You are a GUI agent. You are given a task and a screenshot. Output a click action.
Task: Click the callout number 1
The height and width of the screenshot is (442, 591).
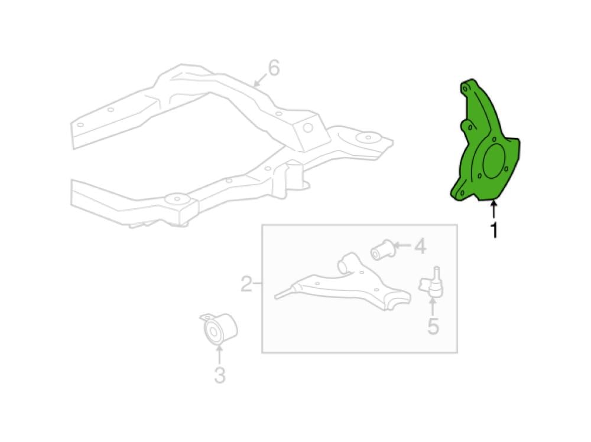(x=493, y=230)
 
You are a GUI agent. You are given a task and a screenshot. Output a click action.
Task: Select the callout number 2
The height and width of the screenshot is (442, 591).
(x=246, y=284)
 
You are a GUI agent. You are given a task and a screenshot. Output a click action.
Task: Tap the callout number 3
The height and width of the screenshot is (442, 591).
(x=220, y=375)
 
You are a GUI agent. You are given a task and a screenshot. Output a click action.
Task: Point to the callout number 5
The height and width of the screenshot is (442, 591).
(x=433, y=326)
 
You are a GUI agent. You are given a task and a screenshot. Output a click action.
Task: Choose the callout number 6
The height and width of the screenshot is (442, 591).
(x=274, y=68)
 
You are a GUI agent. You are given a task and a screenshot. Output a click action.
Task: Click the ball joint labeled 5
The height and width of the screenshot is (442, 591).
(x=431, y=281)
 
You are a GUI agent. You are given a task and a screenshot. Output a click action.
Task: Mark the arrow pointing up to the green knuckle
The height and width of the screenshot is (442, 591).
(x=493, y=211)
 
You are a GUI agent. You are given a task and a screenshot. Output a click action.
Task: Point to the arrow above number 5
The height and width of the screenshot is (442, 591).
(x=433, y=306)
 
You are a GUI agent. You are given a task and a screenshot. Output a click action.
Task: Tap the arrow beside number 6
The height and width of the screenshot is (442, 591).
(x=261, y=80)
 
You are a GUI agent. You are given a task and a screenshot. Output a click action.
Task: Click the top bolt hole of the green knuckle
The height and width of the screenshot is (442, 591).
(x=465, y=89)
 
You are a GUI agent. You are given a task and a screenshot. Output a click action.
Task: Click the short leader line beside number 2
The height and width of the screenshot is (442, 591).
(x=258, y=283)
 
